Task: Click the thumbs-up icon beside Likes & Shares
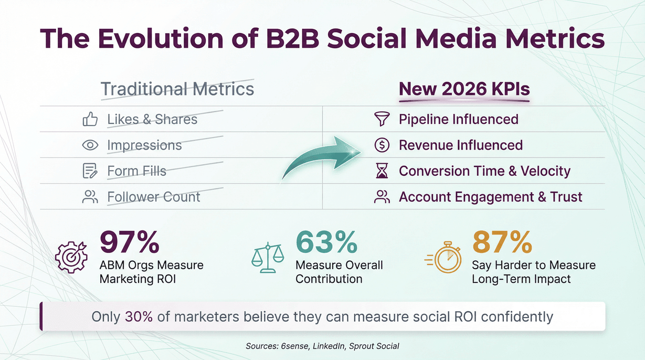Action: click(x=90, y=120)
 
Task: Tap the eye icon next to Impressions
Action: click(x=90, y=145)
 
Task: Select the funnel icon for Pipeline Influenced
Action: click(x=382, y=120)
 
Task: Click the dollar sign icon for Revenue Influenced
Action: click(x=382, y=145)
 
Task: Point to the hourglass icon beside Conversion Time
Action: click(x=382, y=171)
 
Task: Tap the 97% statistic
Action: click(x=129, y=242)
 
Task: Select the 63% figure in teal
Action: click(x=326, y=242)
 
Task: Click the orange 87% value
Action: click(x=502, y=242)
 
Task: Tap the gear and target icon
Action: click(x=72, y=257)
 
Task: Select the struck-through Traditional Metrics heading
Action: click(x=177, y=89)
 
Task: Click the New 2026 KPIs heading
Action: click(x=464, y=89)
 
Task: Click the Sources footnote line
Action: click(x=322, y=346)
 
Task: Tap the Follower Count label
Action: click(x=153, y=197)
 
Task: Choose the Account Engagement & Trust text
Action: click(x=490, y=197)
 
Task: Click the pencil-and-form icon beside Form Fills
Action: click(x=90, y=171)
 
